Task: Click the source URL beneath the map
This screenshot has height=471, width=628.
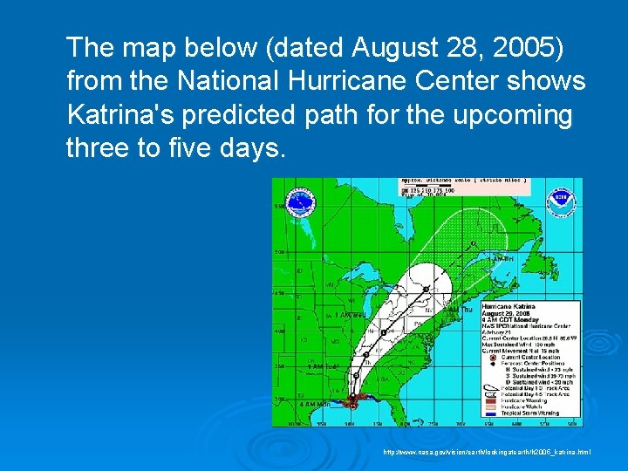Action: pos(486,452)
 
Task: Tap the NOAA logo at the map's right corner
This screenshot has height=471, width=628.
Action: pos(560,200)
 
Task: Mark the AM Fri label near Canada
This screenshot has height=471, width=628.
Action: pos(504,259)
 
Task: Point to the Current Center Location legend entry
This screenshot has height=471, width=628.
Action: pos(529,358)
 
